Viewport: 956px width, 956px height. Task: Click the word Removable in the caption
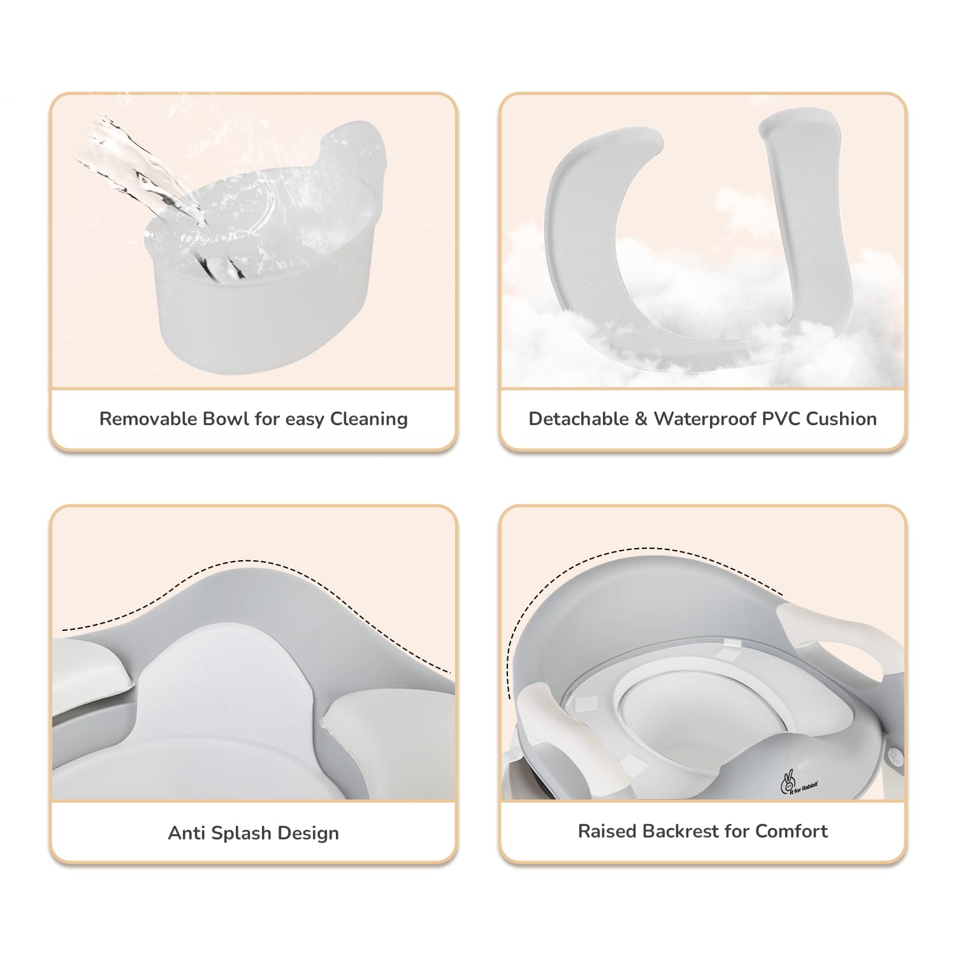tap(148, 419)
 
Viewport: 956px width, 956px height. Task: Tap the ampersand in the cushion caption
tap(641, 419)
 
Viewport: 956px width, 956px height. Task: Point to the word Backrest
tap(681, 831)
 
